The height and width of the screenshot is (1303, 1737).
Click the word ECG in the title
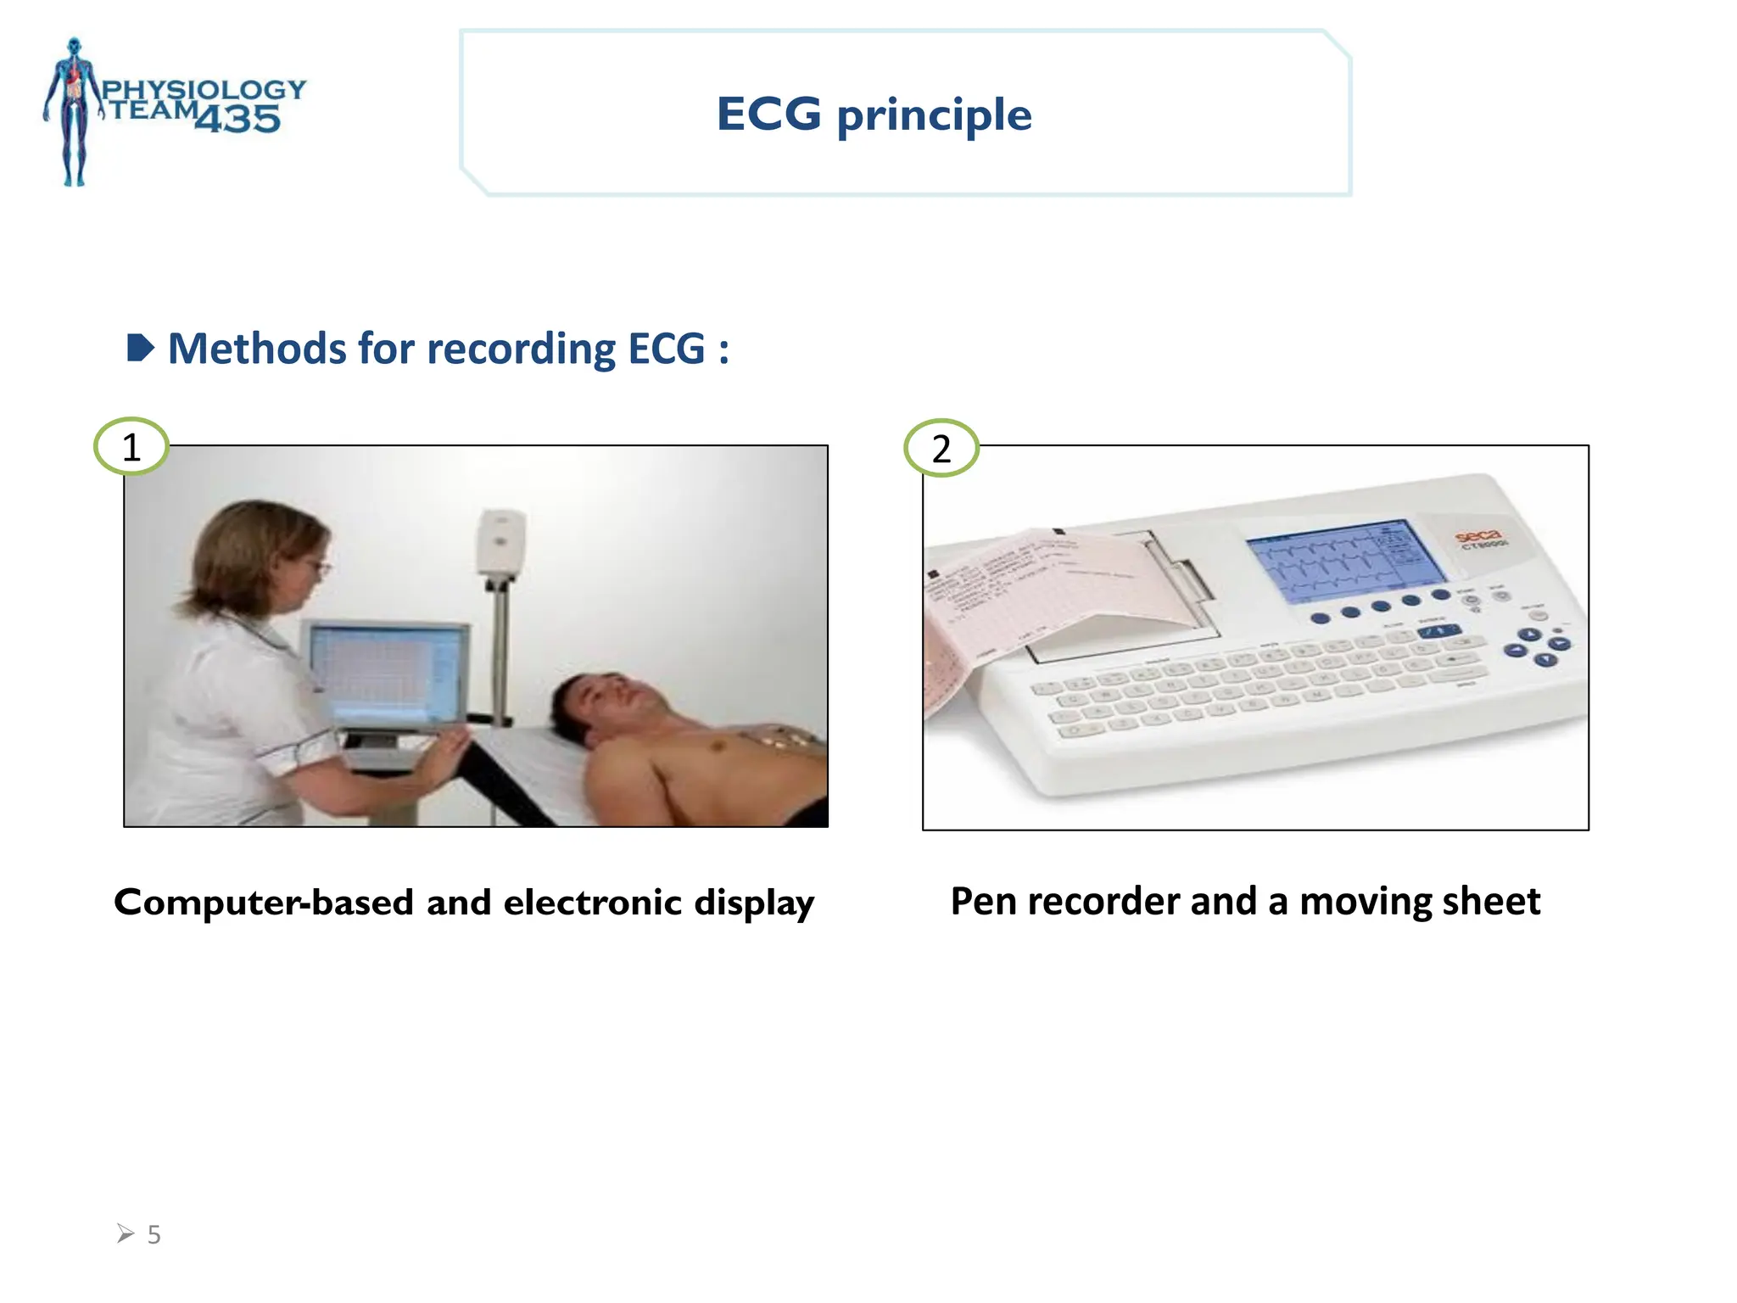click(768, 115)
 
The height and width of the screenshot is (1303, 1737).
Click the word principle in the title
click(934, 116)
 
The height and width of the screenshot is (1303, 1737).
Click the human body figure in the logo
click(75, 110)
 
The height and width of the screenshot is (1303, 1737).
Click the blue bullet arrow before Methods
click(140, 348)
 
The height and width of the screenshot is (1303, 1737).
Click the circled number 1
click(131, 446)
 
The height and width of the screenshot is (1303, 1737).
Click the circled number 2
click(941, 448)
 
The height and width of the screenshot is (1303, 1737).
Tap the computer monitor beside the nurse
click(386, 675)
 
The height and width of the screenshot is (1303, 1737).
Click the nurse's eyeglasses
click(316, 566)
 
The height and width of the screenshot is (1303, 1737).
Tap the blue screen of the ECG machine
click(1344, 561)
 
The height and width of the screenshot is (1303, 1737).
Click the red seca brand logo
click(1477, 536)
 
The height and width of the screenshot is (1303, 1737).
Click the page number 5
click(154, 1234)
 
